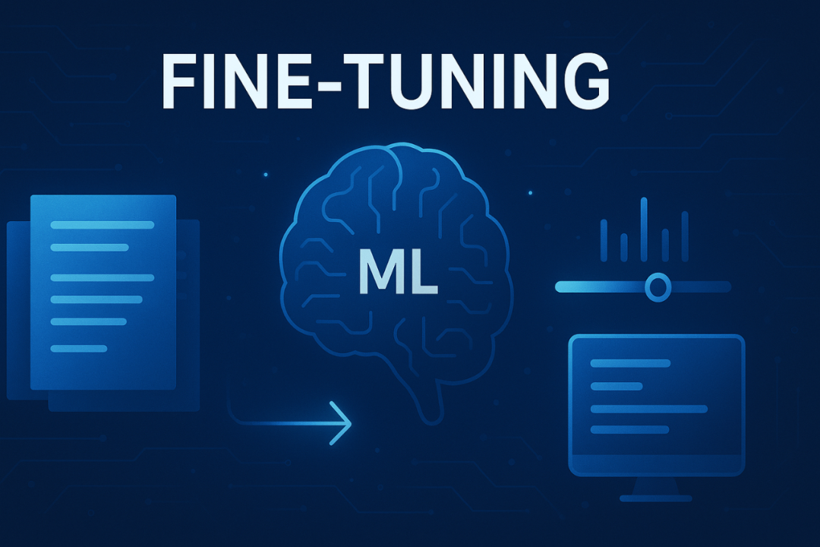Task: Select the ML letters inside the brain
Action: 398,275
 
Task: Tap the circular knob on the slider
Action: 657,286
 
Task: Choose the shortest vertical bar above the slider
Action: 623,246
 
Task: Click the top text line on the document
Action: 102,225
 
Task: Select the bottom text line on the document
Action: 79,349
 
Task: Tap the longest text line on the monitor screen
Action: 648,409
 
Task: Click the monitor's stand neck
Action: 656,484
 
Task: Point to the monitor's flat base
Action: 656,498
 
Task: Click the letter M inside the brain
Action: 377,275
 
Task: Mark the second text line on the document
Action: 89,248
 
